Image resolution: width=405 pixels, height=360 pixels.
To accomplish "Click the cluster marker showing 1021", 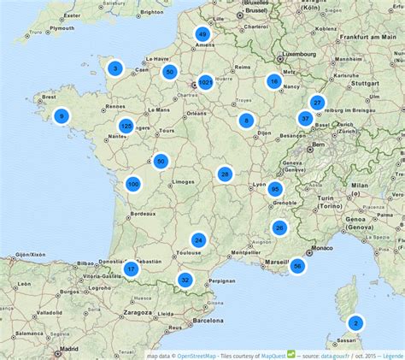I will (205, 83).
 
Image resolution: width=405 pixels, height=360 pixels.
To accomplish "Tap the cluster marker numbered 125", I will (126, 127).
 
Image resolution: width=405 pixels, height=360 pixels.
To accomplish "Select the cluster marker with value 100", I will (132, 184).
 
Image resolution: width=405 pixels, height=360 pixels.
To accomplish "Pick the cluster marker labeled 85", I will (275, 189).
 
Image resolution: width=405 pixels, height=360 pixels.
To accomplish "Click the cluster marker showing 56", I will (296, 266).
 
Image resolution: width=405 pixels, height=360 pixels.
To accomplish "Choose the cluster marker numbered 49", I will (202, 34).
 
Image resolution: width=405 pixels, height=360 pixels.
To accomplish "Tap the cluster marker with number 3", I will (115, 68).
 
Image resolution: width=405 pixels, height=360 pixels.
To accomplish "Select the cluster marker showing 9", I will (62, 115).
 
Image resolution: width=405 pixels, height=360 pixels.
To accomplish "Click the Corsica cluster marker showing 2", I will (355, 323).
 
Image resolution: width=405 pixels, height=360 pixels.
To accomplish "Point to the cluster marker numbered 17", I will (131, 269).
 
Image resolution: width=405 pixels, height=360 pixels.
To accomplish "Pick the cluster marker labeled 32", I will (185, 280).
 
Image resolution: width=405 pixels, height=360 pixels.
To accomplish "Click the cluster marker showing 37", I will (305, 119).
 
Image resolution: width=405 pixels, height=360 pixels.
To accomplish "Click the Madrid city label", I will (69, 349).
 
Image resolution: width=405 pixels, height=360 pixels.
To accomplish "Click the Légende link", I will (393, 355).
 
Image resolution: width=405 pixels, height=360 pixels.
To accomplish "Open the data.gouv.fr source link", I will (337, 355).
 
